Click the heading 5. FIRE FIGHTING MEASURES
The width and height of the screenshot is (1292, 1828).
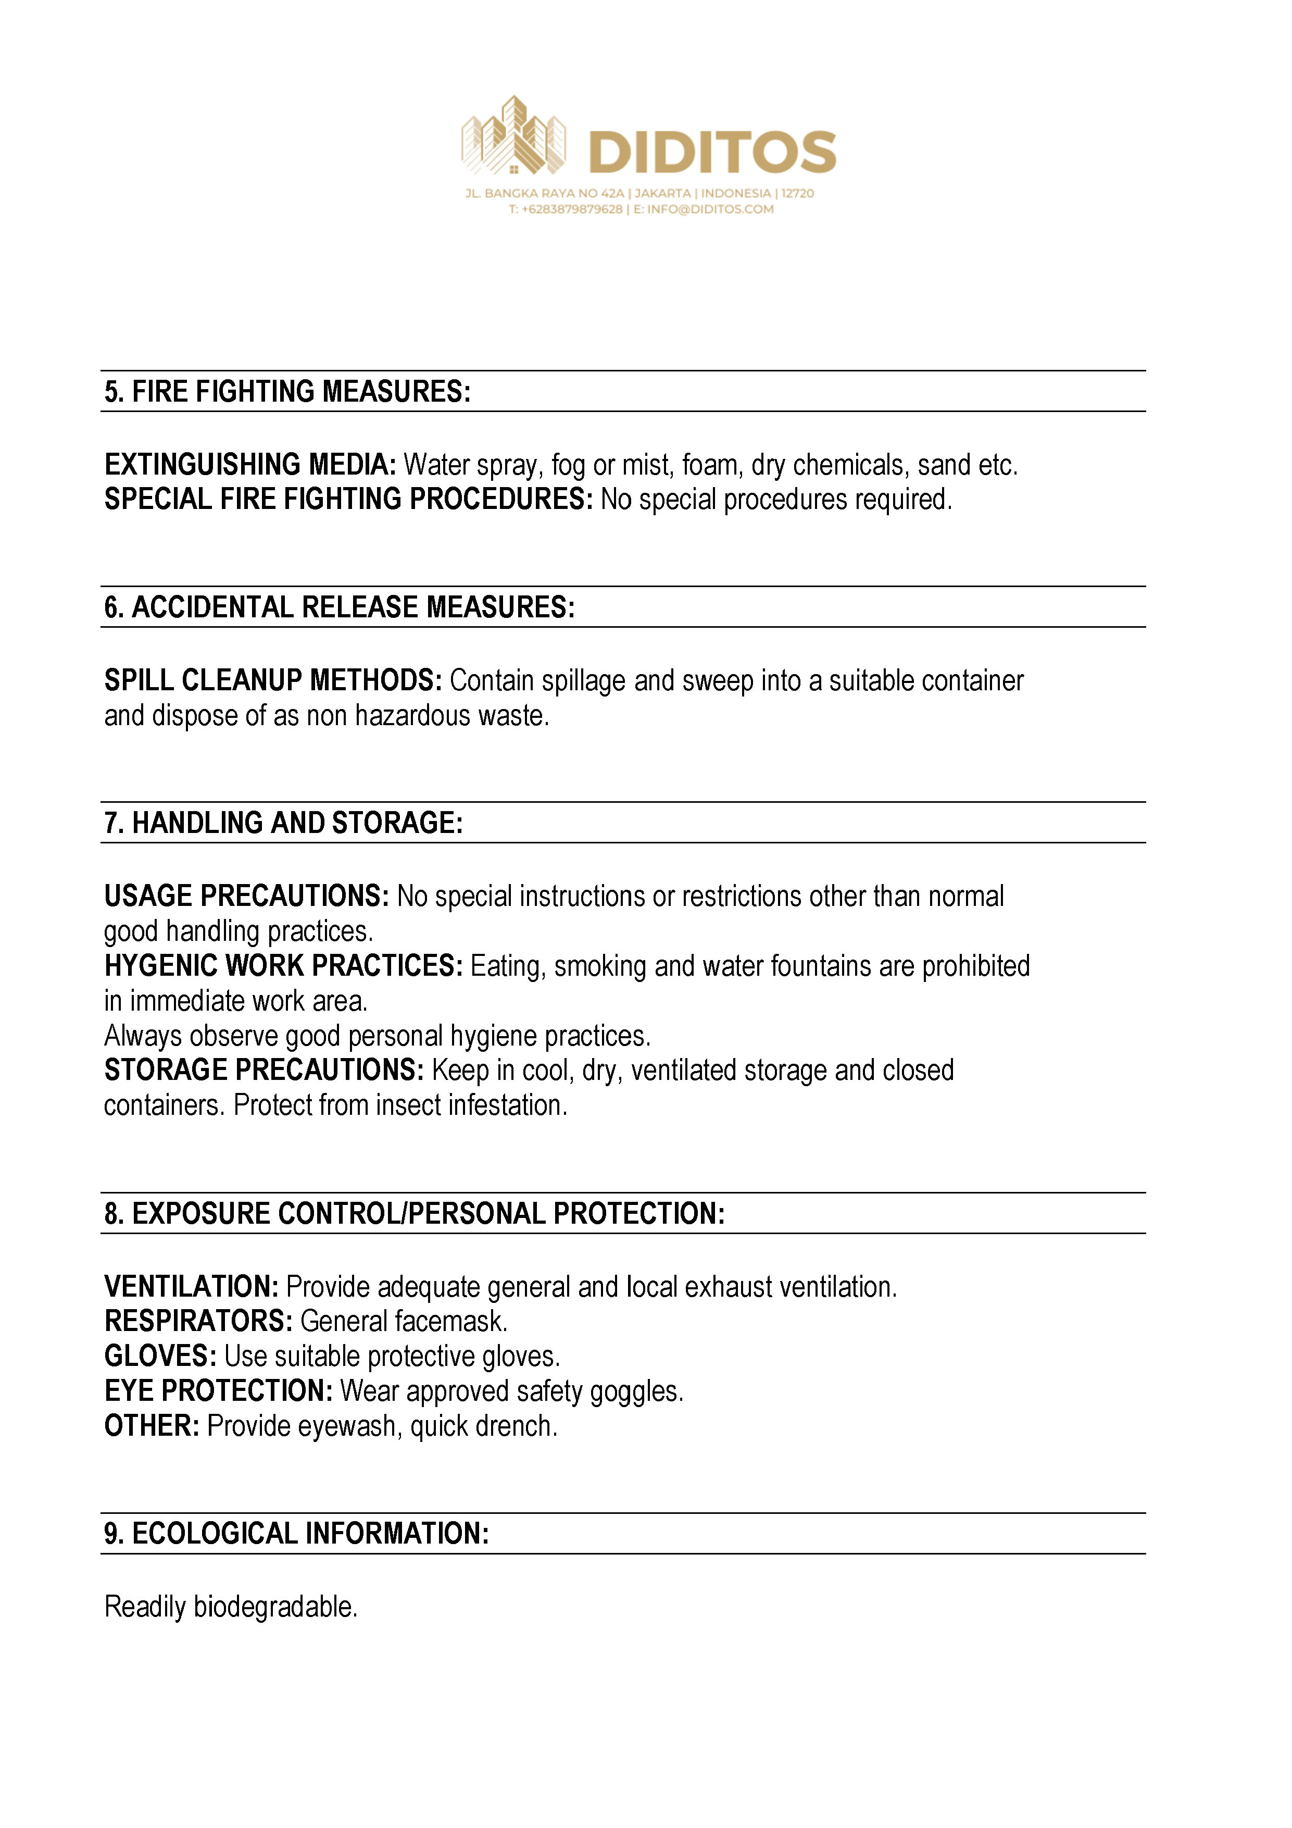(287, 392)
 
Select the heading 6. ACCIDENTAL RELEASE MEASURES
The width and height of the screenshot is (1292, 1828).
(339, 607)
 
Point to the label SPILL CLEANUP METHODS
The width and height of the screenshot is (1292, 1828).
(273, 681)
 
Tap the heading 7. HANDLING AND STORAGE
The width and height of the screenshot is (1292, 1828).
(283, 823)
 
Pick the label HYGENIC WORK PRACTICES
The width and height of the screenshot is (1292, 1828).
(283, 966)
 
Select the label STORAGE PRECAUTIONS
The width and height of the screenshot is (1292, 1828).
(265, 1071)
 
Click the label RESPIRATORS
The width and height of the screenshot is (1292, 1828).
(199, 1322)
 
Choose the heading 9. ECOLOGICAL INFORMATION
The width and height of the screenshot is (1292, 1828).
(296, 1534)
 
